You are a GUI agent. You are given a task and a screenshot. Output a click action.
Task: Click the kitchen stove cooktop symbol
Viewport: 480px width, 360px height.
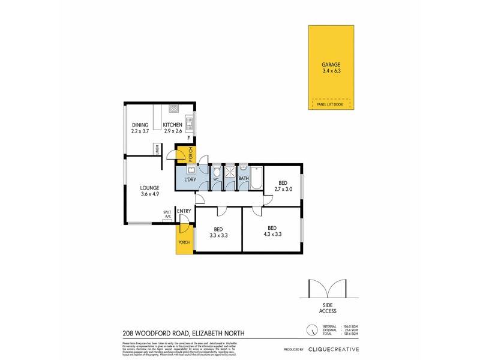pyautogui.click(x=174, y=109)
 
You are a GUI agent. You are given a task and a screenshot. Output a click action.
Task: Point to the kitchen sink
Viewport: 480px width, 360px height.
pyautogui.click(x=189, y=124)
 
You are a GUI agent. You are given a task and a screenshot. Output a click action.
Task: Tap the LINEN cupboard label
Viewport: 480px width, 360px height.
pyautogui.click(x=157, y=149)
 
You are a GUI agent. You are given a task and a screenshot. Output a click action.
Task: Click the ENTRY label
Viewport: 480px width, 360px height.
pyautogui.click(x=184, y=211)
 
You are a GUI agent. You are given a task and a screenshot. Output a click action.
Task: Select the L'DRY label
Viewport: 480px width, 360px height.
pyautogui.click(x=190, y=179)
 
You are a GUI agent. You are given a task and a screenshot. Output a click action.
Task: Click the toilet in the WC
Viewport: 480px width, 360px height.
pyautogui.click(x=216, y=172)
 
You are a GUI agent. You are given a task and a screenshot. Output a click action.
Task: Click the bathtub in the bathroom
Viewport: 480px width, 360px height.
pyautogui.click(x=257, y=178)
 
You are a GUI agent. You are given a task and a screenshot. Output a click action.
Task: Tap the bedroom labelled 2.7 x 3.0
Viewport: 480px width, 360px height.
pyautogui.click(x=283, y=186)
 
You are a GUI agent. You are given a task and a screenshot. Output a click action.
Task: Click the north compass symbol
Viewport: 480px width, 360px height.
pyautogui.click(x=311, y=331)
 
